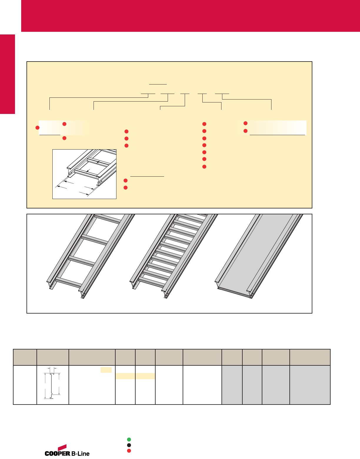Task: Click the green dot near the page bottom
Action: click(129, 440)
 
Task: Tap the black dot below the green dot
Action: click(129, 445)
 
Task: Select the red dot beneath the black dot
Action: click(129, 451)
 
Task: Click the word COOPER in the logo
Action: click(57, 453)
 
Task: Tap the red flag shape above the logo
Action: click(62, 448)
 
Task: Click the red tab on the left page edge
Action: click(7, 74)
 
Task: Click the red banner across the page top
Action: click(191, 16)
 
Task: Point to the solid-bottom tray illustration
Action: click(259, 256)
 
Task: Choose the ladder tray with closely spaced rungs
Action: click(174, 256)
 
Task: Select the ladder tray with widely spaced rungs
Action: click(91, 256)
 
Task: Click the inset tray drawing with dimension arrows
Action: click(84, 174)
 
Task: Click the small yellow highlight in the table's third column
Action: click(106, 370)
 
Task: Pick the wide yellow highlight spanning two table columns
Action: click(135, 376)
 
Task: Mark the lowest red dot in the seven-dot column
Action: click(204, 167)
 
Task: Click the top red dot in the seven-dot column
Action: click(204, 124)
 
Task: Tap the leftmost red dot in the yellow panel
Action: click(37, 127)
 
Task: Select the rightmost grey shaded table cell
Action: click(310, 385)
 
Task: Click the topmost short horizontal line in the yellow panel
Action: click(158, 84)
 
